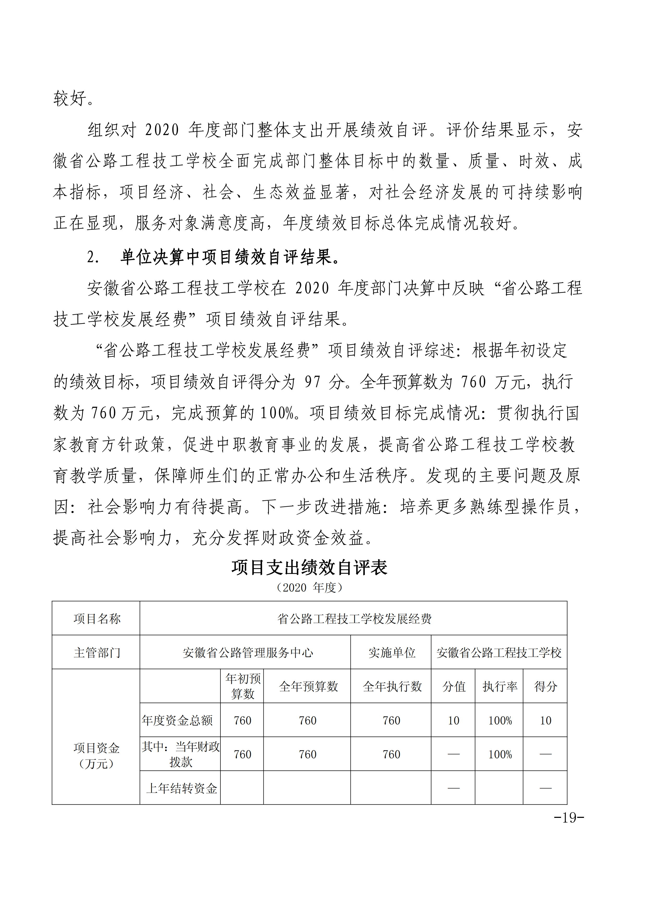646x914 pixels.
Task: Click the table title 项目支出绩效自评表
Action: [x=309, y=567]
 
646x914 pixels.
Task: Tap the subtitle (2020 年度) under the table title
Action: [x=309, y=588]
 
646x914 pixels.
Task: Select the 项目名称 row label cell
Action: [x=96, y=619]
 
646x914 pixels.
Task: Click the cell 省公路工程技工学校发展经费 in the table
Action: [x=354, y=619]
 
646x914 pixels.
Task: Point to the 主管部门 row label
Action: [x=96, y=652]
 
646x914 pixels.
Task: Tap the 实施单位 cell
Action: [x=392, y=652]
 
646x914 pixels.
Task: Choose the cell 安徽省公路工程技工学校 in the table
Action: [x=499, y=652]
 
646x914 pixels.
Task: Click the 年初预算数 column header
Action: [x=242, y=686]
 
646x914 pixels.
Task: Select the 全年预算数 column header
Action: [x=308, y=686]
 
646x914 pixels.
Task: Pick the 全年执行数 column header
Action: [x=392, y=686]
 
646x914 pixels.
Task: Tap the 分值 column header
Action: [x=454, y=686]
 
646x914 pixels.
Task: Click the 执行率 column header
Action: [x=500, y=686]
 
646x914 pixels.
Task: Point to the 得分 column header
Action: [x=545, y=686]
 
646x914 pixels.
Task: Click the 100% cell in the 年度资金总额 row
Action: [x=500, y=720]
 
